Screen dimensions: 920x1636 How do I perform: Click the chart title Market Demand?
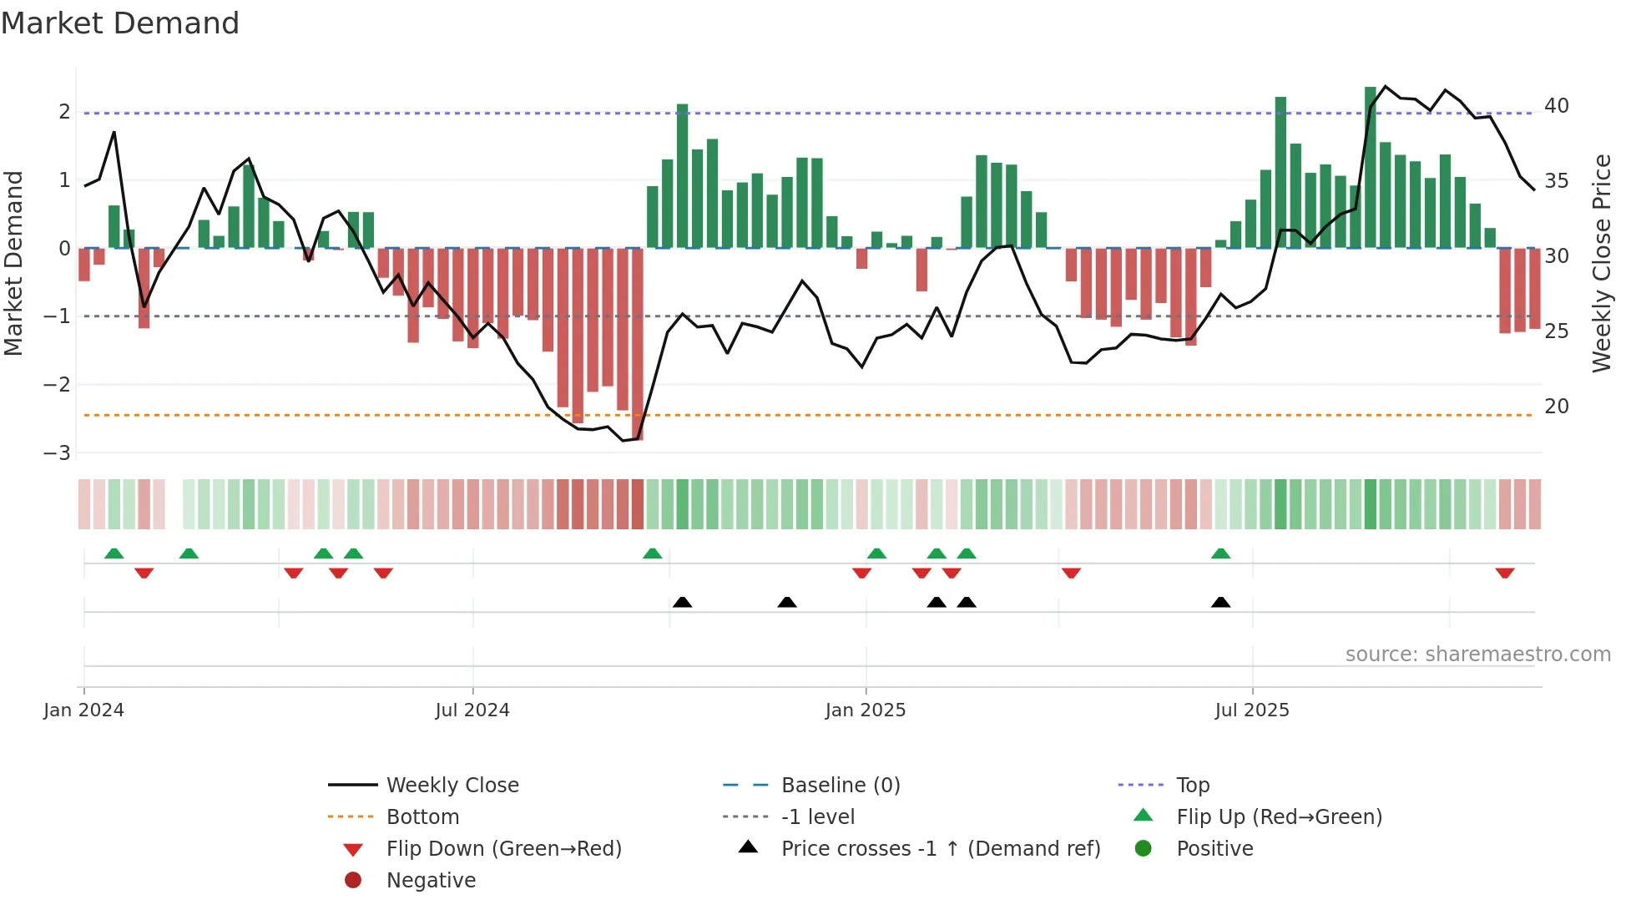click(x=120, y=23)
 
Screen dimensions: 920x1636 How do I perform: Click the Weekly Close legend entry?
click(x=452, y=785)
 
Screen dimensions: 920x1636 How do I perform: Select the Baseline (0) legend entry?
click(x=840, y=785)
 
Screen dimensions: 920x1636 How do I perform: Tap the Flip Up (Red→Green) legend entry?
click(x=1278, y=816)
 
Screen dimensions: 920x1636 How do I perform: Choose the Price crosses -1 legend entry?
click(x=940, y=848)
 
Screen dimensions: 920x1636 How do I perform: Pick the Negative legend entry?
click(x=430, y=880)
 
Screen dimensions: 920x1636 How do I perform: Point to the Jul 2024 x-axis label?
click(x=472, y=710)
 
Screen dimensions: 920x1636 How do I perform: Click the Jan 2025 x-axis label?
click(x=865, y=710)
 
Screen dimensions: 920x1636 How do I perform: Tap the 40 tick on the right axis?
click(x=1556, y=106)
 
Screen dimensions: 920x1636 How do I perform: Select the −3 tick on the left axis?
click(x=58, y=452)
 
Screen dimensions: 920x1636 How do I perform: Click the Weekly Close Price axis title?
click(x=1601, y=263)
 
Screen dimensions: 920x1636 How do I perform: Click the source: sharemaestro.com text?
click(x=1477, y=654)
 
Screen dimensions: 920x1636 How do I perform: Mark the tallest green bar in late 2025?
click(x=1370, y=167)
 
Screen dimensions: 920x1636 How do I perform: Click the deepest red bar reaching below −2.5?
click(x=638, y=342)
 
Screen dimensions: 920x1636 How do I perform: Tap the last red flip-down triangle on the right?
click(x=1504, y=573)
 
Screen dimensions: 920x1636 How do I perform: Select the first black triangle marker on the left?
click(x=682, y=602)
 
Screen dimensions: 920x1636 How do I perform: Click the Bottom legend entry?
click(x=422, y=816)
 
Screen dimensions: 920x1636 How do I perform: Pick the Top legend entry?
click(x=1192, y=785)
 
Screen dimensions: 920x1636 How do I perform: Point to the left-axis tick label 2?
click(x=64, y=112)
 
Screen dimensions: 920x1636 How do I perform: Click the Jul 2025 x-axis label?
click(x=1251, y=710)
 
